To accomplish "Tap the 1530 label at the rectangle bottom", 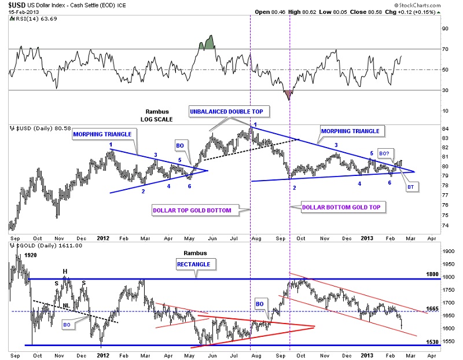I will click(433, 343).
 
